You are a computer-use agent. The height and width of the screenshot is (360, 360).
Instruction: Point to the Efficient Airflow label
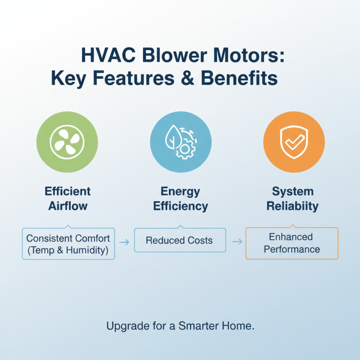pos(67,199)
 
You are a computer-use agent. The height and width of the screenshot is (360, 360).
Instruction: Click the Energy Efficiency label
pos(180,199)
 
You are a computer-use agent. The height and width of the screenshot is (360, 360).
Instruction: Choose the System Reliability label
pos(292,199)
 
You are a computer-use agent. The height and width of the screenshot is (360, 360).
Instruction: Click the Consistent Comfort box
pos(68,243)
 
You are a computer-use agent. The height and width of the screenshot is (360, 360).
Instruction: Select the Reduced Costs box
pos(179,240)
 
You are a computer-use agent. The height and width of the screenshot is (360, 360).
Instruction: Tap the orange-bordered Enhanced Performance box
pos(292,243)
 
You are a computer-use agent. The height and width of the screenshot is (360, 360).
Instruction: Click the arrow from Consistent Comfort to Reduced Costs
pos(125,242)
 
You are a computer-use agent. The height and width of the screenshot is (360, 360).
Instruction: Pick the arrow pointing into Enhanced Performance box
pos(236,242)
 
